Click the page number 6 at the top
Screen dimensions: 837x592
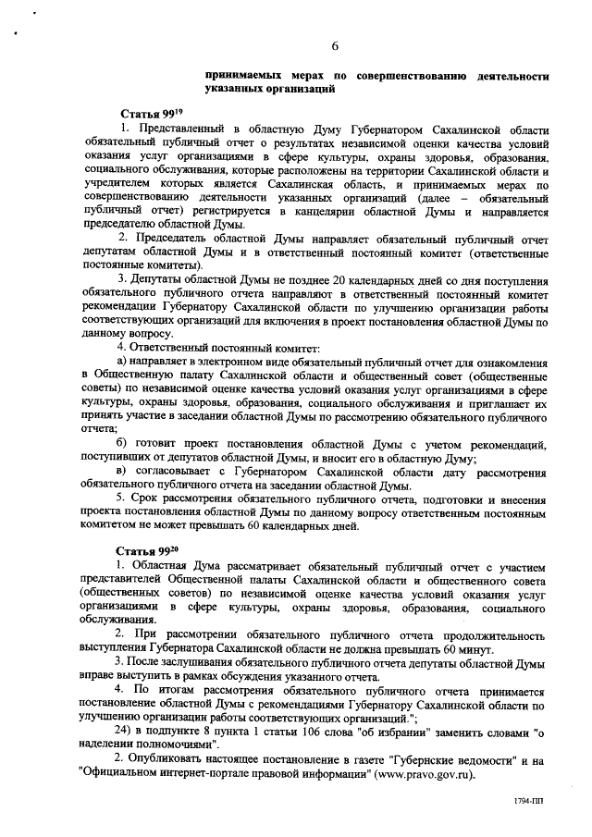335,46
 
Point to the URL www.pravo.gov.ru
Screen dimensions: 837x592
425,773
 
